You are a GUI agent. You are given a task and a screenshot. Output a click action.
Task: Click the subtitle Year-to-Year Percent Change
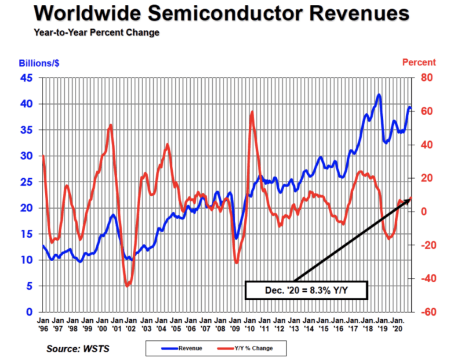[x=96, y=33]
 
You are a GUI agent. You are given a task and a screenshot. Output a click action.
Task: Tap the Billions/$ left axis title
[x=39, y=63]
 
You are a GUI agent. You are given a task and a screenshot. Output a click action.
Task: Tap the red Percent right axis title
[x=419, y=62]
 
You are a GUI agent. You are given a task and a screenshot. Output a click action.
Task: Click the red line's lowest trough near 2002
[x=127, y=286]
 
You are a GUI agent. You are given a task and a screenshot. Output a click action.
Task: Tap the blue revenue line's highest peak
[x=378, y=95]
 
